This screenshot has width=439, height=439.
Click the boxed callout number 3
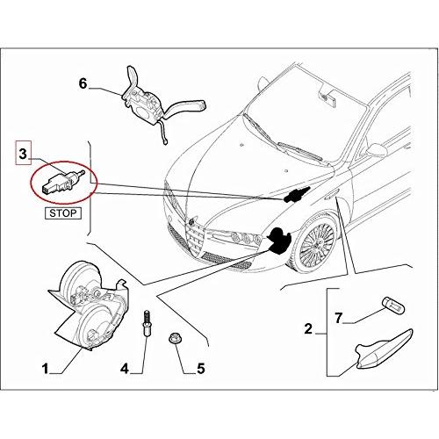(23, 154)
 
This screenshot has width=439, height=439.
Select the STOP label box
(63, 213)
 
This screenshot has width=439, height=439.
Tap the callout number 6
(83, 83)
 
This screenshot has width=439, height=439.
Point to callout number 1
(45, 369)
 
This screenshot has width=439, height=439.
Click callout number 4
(125, 369)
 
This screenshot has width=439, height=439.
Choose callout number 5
(201, 369)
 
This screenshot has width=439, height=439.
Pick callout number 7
(338, 318)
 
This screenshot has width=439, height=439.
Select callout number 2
(308, 329)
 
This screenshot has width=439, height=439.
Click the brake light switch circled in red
(63, 182)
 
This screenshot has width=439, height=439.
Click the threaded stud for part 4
(146, 323)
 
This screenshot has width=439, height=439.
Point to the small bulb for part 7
(393, 305)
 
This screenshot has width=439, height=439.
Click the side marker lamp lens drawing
(384, 349)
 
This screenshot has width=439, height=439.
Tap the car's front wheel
(316, 243)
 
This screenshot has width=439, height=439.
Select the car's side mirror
(377, 150)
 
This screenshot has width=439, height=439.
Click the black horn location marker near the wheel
(277, 240)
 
